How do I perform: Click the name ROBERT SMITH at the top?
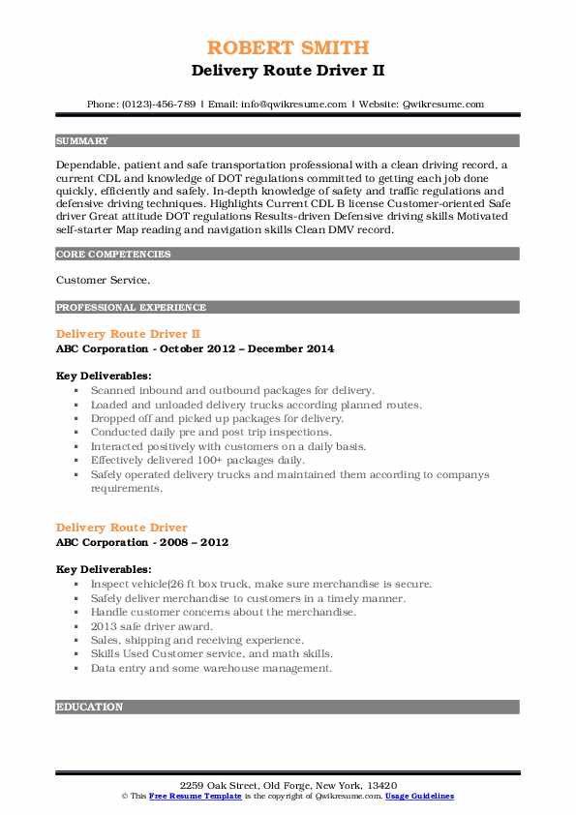tap(288, 48)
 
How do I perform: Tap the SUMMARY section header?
tap(82, 141)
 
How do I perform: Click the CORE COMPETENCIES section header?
tap(113, 255)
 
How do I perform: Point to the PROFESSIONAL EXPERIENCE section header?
tap(131, 308)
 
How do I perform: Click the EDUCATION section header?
tap(90, 708)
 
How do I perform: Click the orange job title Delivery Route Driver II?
tap(128, 334)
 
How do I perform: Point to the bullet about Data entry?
tap(211, 668)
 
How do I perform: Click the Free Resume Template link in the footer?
tap(197, 796)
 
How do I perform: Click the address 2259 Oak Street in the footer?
tap(288, 784)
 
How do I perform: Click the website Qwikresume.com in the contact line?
tap(443, 104)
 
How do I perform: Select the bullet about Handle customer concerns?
tap(223, 612)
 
